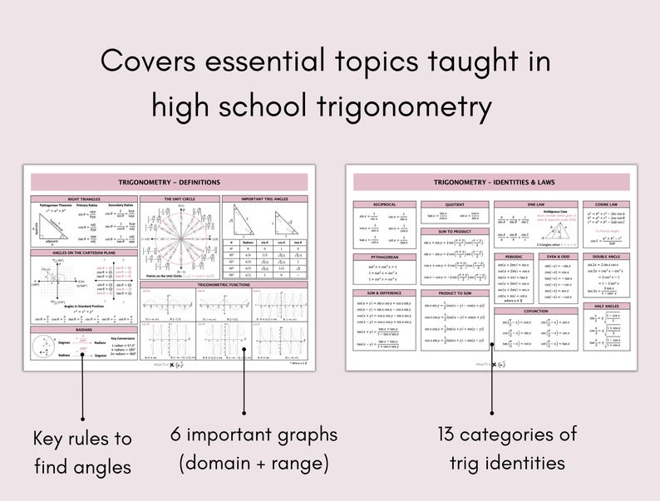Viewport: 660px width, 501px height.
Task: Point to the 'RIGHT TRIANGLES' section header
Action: (x=82, y=199)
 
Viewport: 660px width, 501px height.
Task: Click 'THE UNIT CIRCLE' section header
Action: (x=180, y=199)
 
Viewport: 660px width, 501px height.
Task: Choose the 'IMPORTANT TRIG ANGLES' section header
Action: (x=264, y=199)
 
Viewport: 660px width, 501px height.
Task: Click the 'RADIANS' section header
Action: (x=82, y=329)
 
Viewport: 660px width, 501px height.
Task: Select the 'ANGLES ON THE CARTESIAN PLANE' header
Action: (x=82, y=252)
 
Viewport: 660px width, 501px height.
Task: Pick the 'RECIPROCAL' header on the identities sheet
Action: (x=383, y=204)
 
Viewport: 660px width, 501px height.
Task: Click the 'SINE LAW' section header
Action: (x=535, y=204)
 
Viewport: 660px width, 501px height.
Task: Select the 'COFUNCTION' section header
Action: (x=535, y=311)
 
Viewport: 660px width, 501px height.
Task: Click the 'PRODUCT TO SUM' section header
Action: (x=453, y=293)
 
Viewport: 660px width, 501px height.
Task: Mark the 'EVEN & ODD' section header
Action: (x=557, y=257)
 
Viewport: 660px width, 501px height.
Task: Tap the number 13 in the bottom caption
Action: (x=450, y=434)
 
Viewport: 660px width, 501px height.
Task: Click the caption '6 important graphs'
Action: (x=254, y=435)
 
